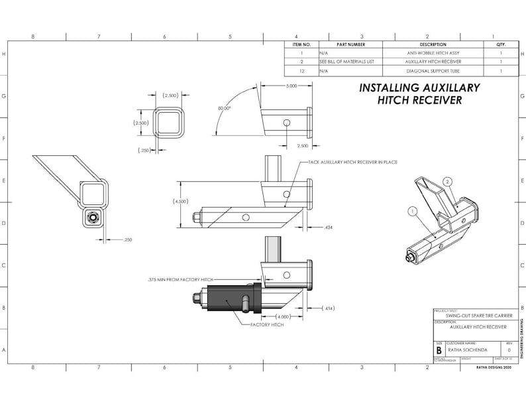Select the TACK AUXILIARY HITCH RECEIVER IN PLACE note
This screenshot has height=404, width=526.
pyautogui.click(x=352, y=162)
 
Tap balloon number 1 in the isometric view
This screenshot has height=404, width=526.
pyautogui.click(x=412, y=212)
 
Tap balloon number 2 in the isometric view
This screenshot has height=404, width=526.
pyautogui.click(x=448, y=181)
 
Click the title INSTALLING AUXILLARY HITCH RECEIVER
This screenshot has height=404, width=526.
pyautogui.click(x=419, y=94)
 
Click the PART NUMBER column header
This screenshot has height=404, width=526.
pyautogui.click(x=350, y=44)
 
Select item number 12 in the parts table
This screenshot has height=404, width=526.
pyautogui.click(x=301, y=70)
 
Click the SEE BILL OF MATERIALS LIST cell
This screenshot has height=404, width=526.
pyautogui.click(x=346, y=61)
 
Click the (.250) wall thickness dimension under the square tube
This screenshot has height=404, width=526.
pyautogui.click(x=144, y=150)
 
